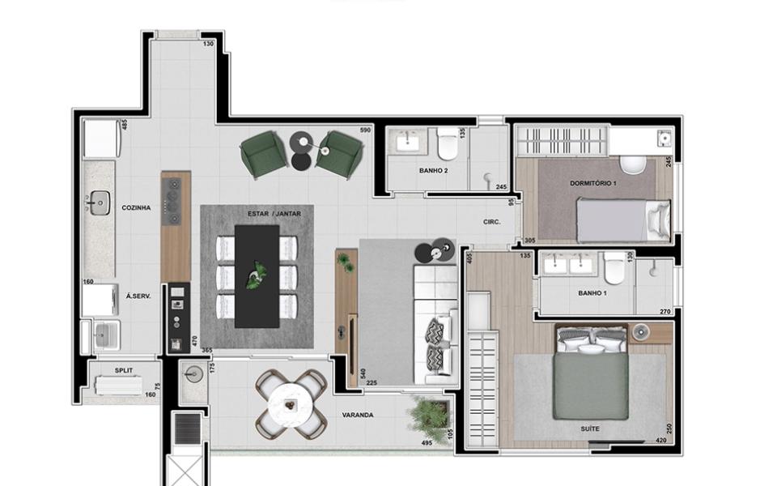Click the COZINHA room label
point(136,208)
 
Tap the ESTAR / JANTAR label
point(274,214)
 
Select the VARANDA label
point(358,415)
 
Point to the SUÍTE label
point(590,428)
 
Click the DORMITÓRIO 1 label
point(593,183)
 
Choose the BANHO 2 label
point(434,171)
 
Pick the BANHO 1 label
point(592,293)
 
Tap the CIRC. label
point(492,222)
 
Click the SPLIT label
point(123,370)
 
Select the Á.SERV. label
point(138,296)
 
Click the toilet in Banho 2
point(448,144)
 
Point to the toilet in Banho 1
point(614,268)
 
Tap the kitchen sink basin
point(100,202)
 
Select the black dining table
point(257,276)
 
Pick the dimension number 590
point(365,130)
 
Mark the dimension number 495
point(427,443)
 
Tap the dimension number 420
point(661,440)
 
